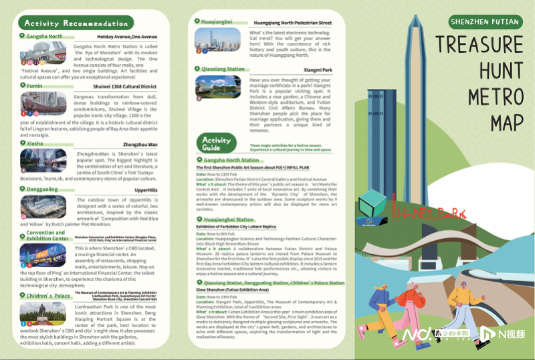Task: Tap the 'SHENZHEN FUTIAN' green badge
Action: [486, 21]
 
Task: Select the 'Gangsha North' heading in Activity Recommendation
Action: [44, 36]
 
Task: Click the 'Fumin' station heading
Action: [35, 86]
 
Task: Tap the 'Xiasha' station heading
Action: [35, 143]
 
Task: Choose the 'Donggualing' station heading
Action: [42, 189]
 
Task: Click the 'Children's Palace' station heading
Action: [48, 295]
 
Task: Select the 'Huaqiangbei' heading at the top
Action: [216, 21]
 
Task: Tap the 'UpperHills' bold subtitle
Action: [146, 191]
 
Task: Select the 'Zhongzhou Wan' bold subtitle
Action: [140, 144]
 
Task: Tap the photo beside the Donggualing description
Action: [43, 207]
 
